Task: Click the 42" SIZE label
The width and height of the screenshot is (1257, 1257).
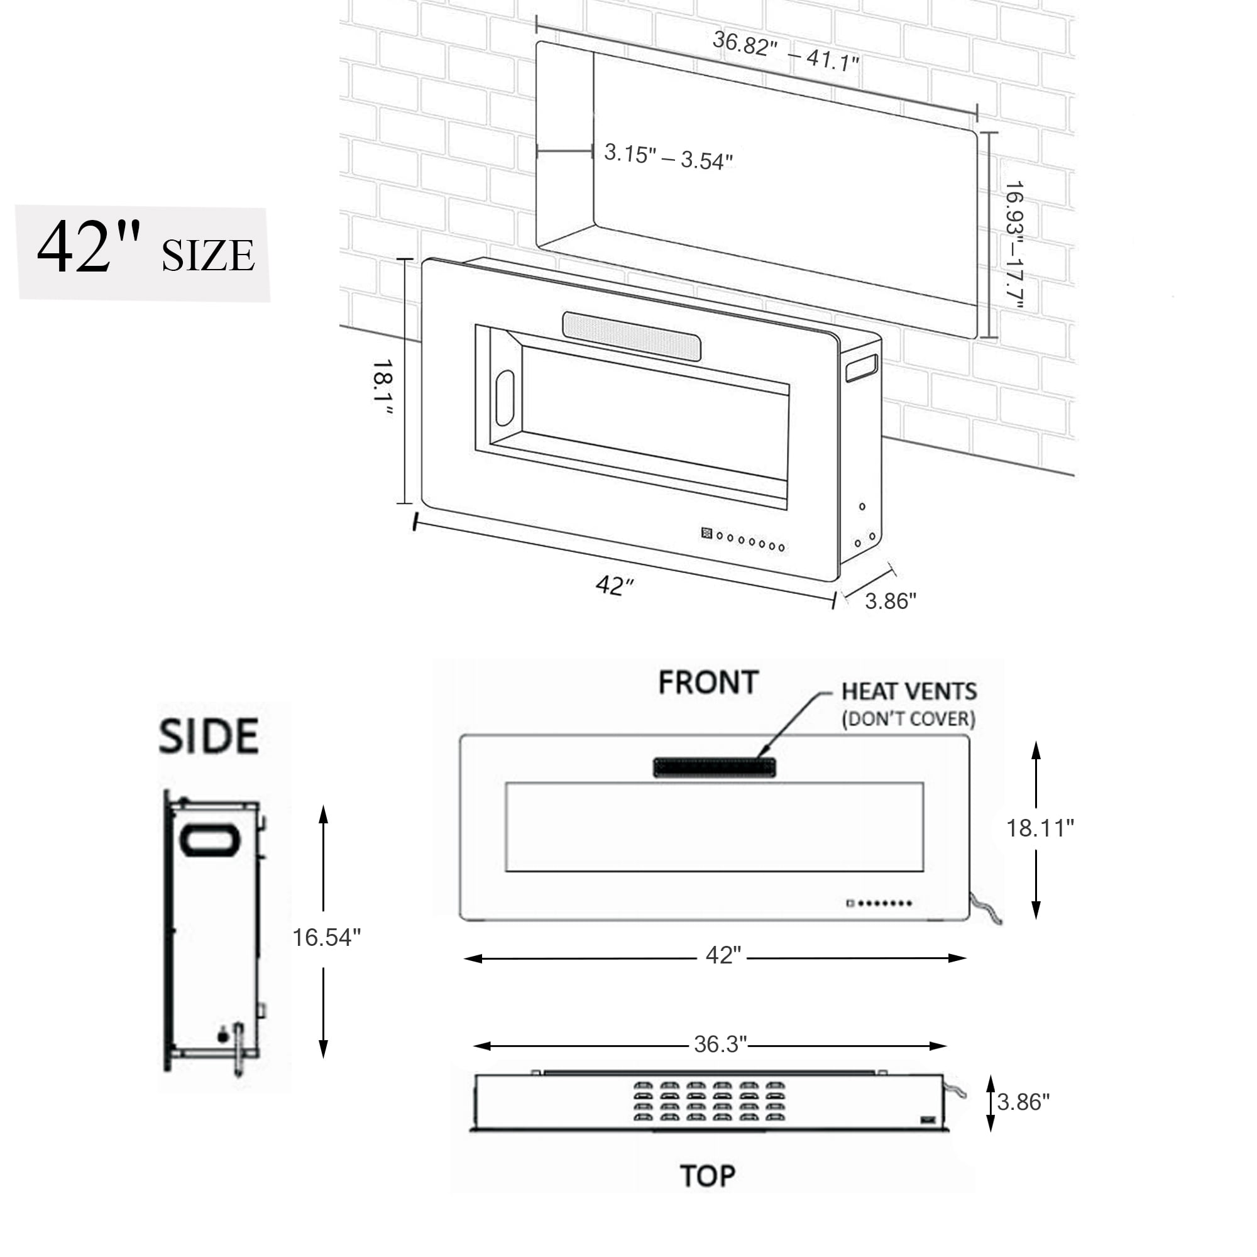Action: (145, 248)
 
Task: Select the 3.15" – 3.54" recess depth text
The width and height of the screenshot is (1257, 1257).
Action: (668, 156)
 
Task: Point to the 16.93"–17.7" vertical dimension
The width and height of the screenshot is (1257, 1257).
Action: (1014, 245)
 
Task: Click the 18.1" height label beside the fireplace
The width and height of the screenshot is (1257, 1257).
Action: (383, 388)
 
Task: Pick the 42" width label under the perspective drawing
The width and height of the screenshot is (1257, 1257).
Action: (613, 586)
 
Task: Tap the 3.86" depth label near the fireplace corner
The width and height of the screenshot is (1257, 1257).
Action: (890, 600)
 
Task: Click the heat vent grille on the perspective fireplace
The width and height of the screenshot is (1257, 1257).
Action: (632, 336)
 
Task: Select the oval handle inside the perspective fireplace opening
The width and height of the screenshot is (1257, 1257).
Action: (505, 398)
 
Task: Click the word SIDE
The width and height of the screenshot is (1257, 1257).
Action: (209, 736)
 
